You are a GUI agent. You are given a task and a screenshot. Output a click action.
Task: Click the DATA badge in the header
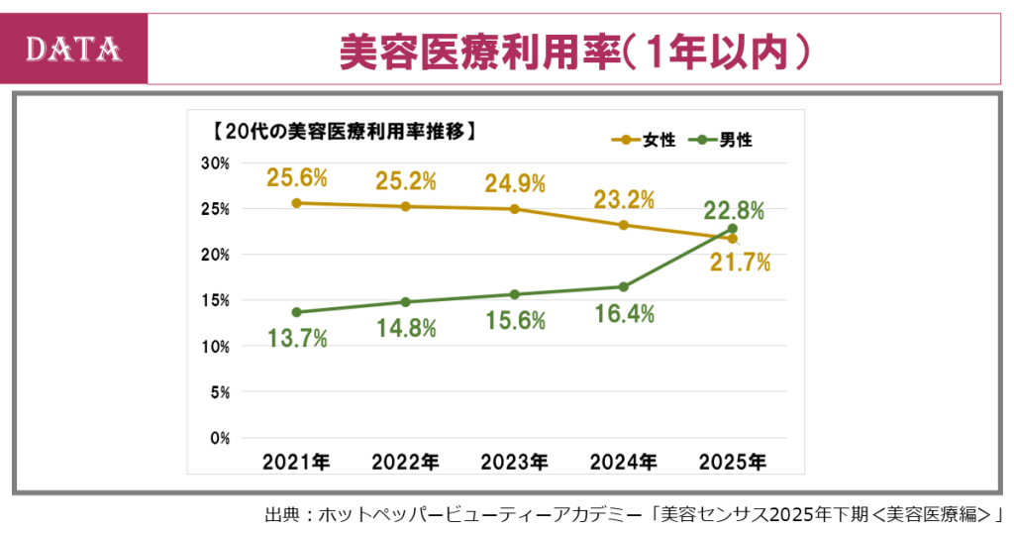point(74,49)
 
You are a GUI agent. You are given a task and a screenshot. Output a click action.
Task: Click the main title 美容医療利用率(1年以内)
point(574,51)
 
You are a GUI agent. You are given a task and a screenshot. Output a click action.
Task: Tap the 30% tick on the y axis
point(216,163)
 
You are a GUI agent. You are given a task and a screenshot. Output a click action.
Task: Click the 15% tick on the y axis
point(216,300)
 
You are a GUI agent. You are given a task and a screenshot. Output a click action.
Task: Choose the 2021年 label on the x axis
point(296,462)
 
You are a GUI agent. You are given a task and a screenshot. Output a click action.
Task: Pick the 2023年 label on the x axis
point(514,462)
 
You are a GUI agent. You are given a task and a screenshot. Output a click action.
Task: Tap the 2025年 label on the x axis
point(732,462)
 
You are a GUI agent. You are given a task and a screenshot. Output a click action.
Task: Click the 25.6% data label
point(296,178)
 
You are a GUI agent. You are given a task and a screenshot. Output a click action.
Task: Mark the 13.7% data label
point(297,338)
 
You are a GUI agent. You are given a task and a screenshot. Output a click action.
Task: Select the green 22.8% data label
point(734,210)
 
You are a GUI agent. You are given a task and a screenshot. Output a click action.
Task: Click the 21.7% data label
point(741,264)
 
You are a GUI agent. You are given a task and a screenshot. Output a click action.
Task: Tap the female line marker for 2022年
point(405,206)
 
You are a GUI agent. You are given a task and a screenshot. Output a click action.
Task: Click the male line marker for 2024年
point(623,287)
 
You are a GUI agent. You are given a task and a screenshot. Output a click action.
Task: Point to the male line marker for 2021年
point(296,312)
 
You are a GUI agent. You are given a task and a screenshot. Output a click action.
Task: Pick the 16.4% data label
point(624,314)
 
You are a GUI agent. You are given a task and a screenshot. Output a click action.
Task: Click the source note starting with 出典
point(634,514)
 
